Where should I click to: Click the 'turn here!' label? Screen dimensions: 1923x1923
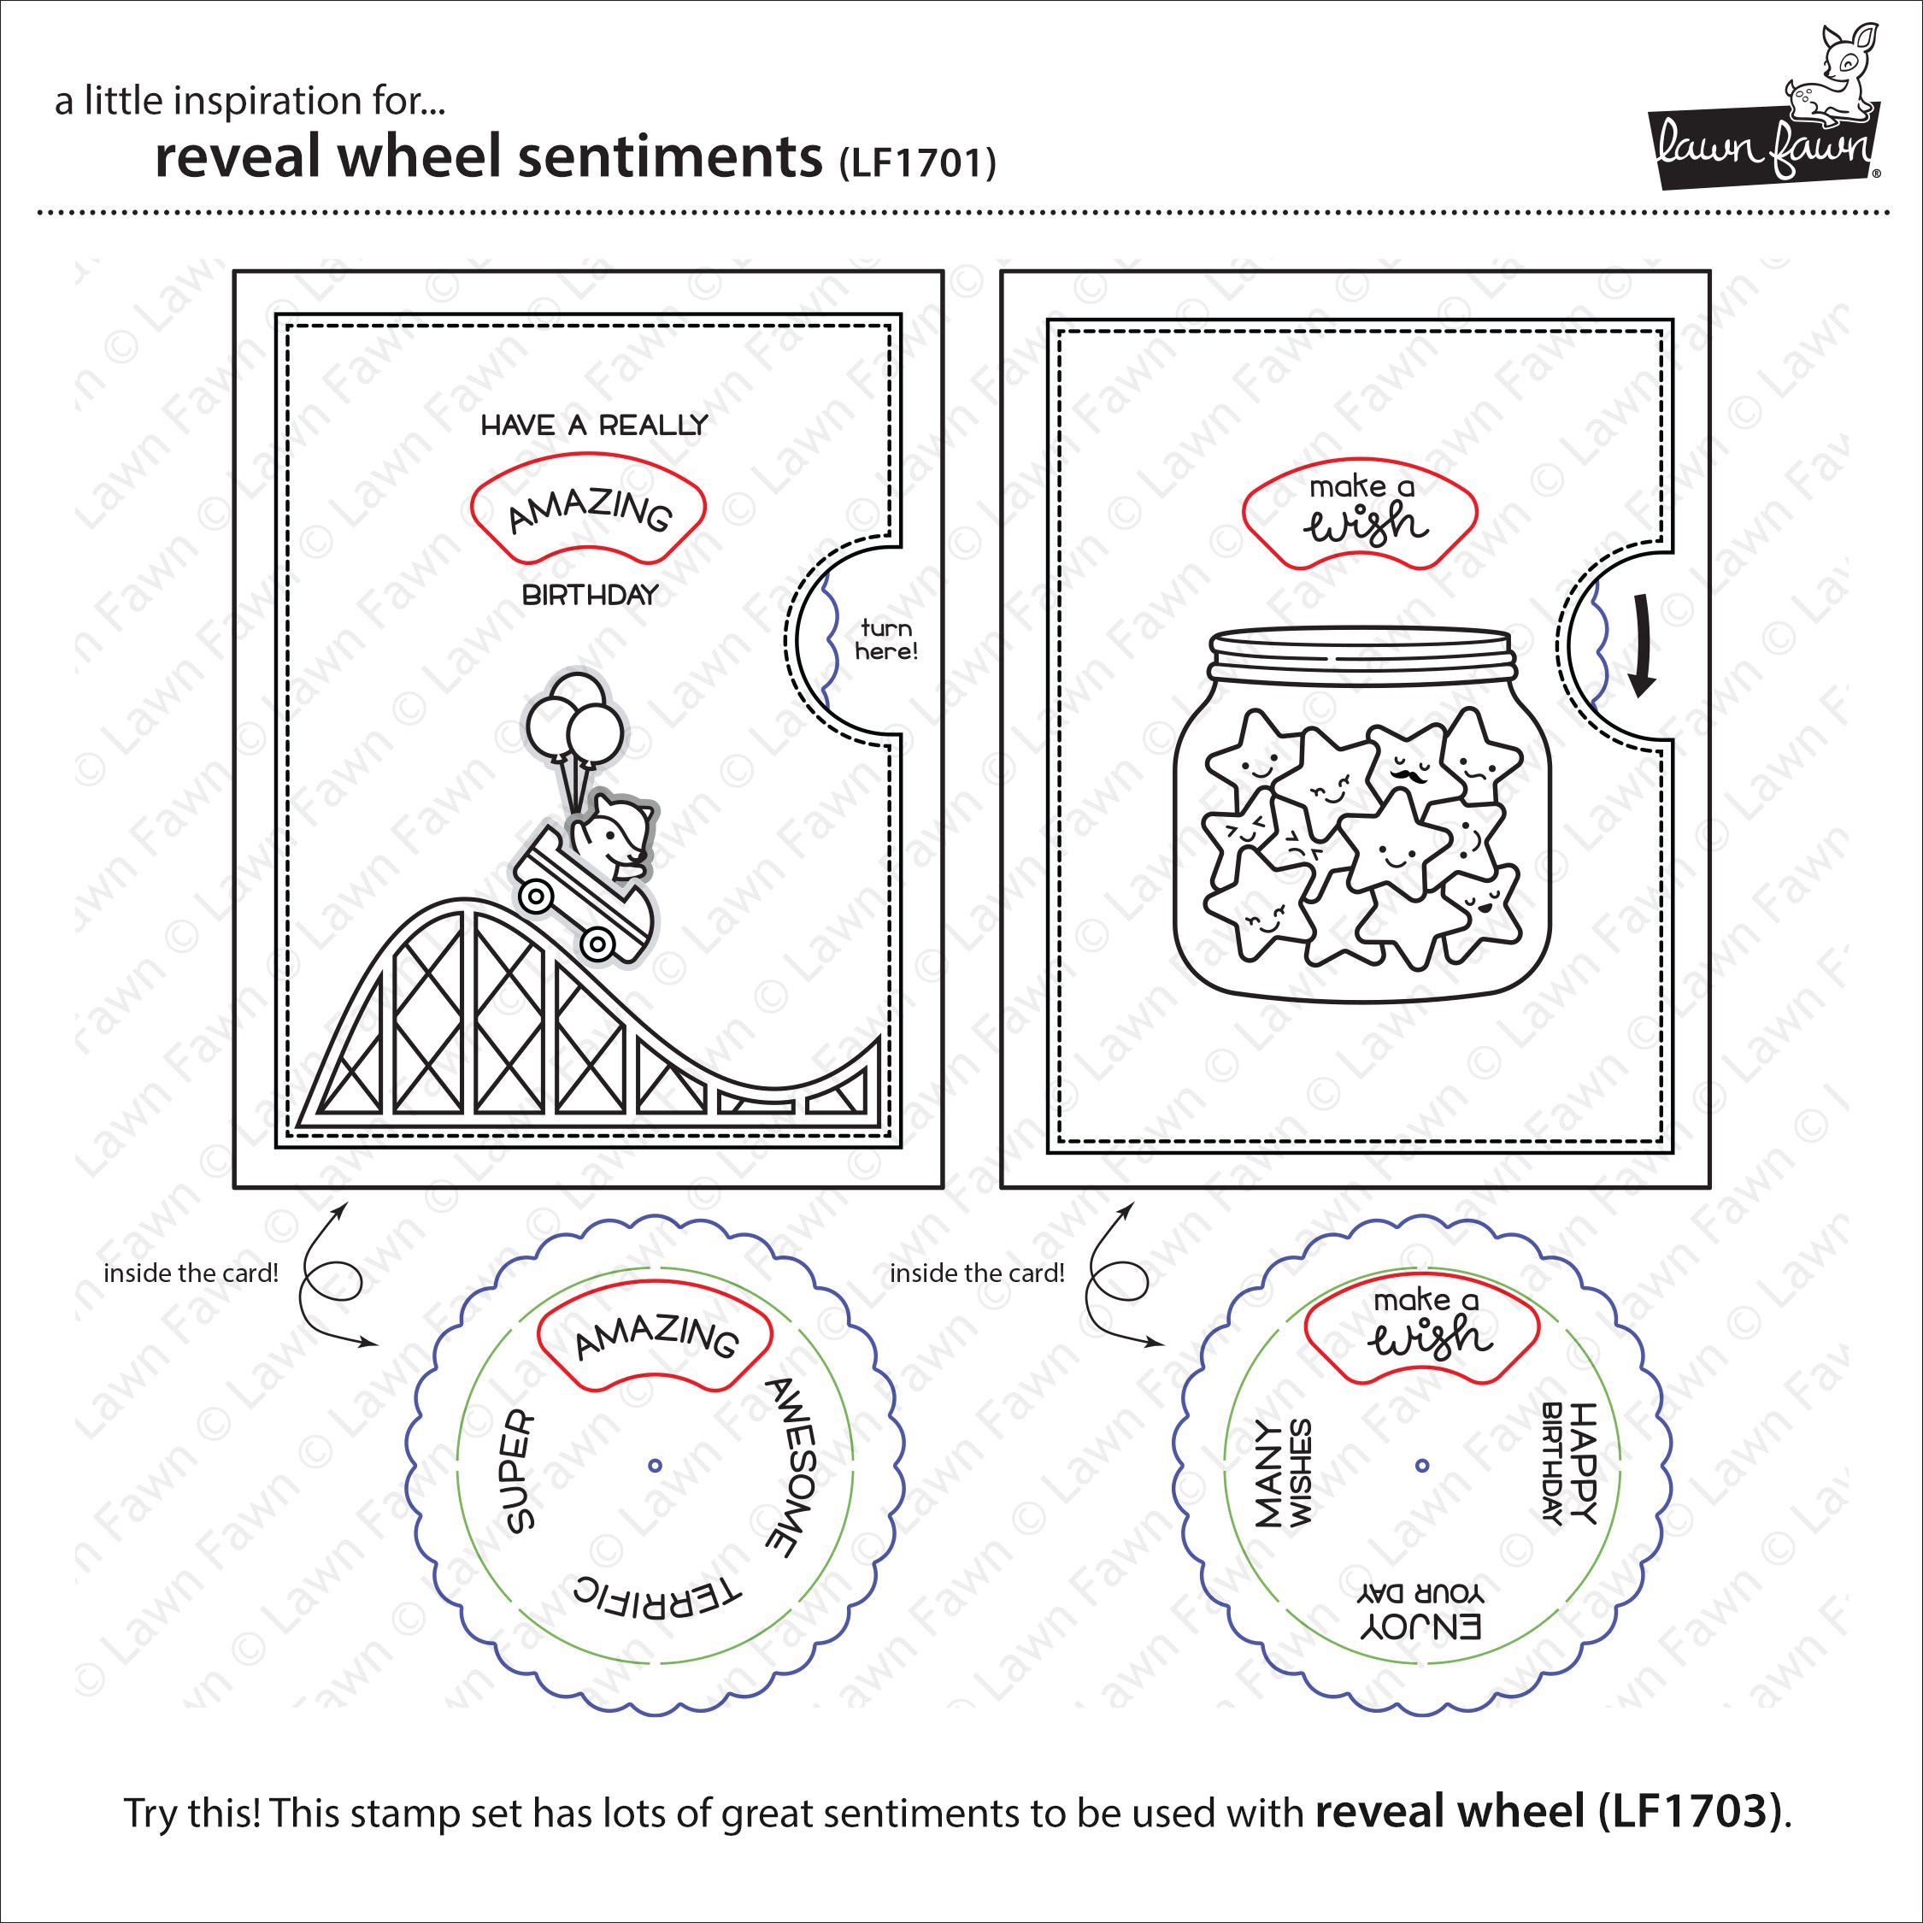[x=885, y=640]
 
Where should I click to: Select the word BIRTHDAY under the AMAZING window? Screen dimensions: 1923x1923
[x=591, y=595]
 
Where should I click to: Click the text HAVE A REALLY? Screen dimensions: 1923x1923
[x=594, y=426]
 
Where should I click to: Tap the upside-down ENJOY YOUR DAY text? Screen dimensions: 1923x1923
[x=1420, y=1611]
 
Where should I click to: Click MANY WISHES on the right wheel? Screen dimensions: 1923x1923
[x=1283, y=1473]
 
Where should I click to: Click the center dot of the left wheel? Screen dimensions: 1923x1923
[x=654, y=1464]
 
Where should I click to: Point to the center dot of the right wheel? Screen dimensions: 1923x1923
[x=1422, y=1464]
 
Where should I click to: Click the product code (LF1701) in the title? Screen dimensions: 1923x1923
[x=917, y=163]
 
